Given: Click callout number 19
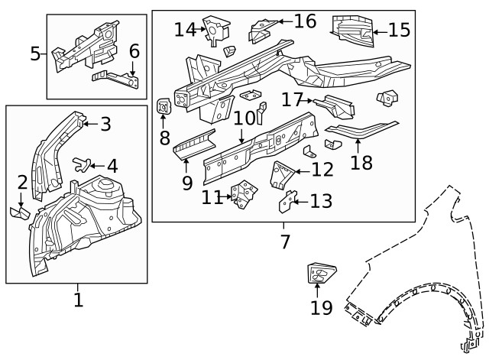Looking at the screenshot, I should point(322,307).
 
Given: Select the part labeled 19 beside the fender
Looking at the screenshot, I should point(321,273).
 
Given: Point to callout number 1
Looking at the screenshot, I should point(78,300).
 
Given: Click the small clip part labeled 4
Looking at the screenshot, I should point(81,162).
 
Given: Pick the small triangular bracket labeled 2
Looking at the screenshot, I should point(19,212).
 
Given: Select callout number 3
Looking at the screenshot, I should point(105,124).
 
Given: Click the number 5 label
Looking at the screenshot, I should point(35,54).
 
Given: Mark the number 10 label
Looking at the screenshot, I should point(244,118).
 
